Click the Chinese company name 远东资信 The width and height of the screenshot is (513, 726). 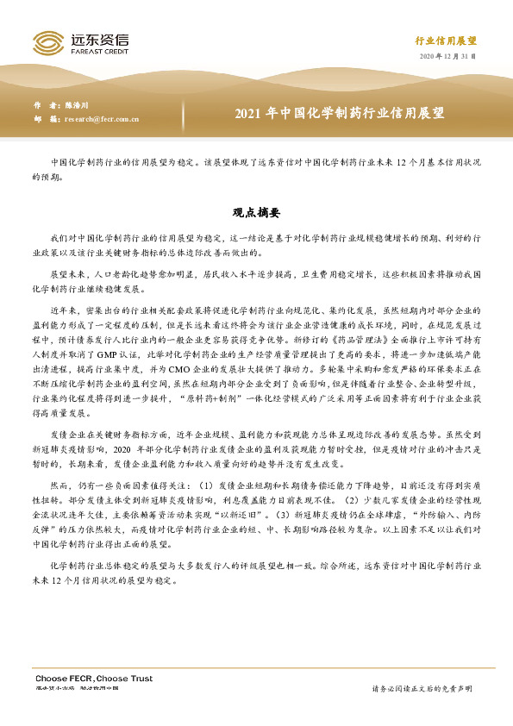pyautogui.click(x=94, y=37)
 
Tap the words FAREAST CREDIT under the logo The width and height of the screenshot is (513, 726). pyautogui.click(x=94, y=49)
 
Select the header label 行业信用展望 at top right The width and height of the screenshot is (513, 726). pyautogui.click(x=446, y=41)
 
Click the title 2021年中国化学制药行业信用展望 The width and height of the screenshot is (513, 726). pyautogui.click(x=339, y=113)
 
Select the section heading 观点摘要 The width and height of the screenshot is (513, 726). pyautogui.click(x=256, y=211)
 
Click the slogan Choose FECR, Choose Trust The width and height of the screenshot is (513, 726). pyautogui.click(x=93, y=679)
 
